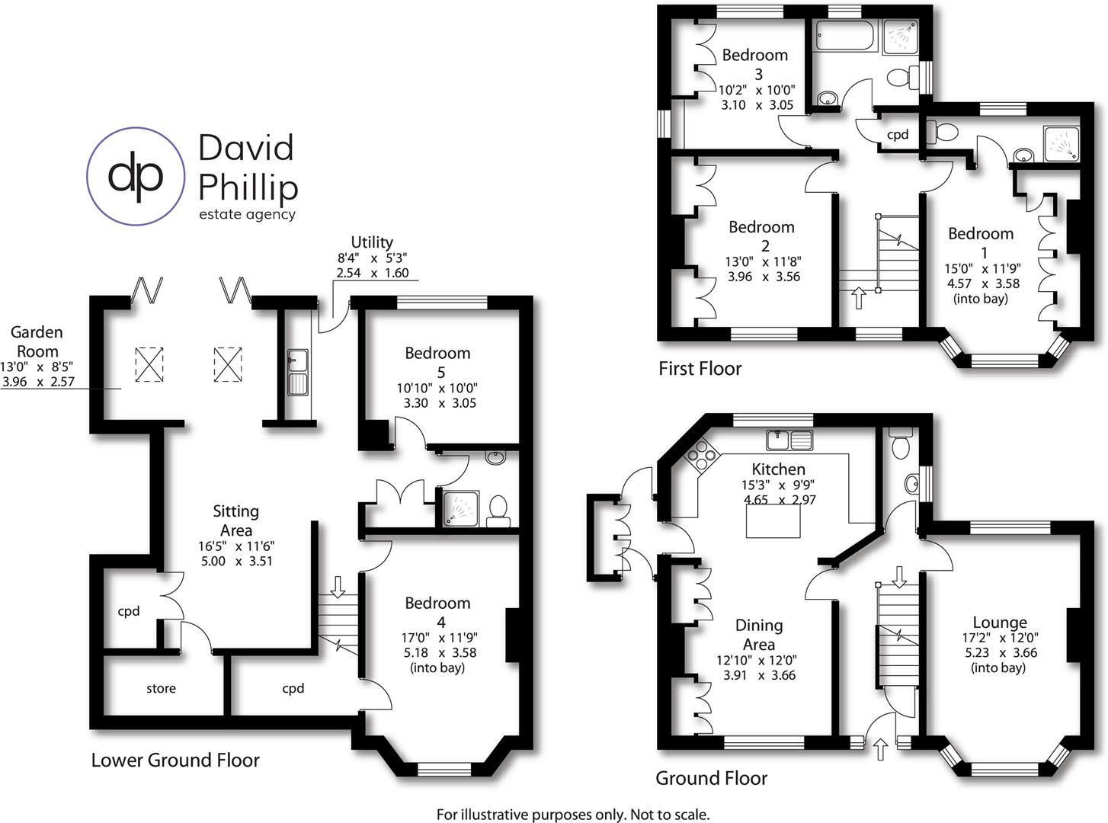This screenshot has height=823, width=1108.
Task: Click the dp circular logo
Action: point(136,176)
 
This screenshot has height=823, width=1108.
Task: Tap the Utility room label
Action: point(372,243)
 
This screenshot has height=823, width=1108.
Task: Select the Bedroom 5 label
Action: point(437,362)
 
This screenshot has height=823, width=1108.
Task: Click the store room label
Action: point(161,689)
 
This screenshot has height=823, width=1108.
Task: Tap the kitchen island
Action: point(773,521)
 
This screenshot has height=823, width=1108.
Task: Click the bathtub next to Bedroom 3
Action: point(847,35)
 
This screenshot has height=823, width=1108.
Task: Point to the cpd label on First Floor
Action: point(898,135)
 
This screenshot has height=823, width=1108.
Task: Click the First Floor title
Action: point(700,369)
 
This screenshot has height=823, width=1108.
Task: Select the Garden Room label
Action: point(37,341)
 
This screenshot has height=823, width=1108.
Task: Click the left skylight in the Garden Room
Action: point(149,363)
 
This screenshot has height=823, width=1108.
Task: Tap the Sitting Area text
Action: point(235,520)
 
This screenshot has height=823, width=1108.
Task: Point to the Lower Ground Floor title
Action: point(175,761)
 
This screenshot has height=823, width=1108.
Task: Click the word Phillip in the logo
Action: point(248,187)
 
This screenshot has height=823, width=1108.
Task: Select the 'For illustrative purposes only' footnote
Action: point(572,815)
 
